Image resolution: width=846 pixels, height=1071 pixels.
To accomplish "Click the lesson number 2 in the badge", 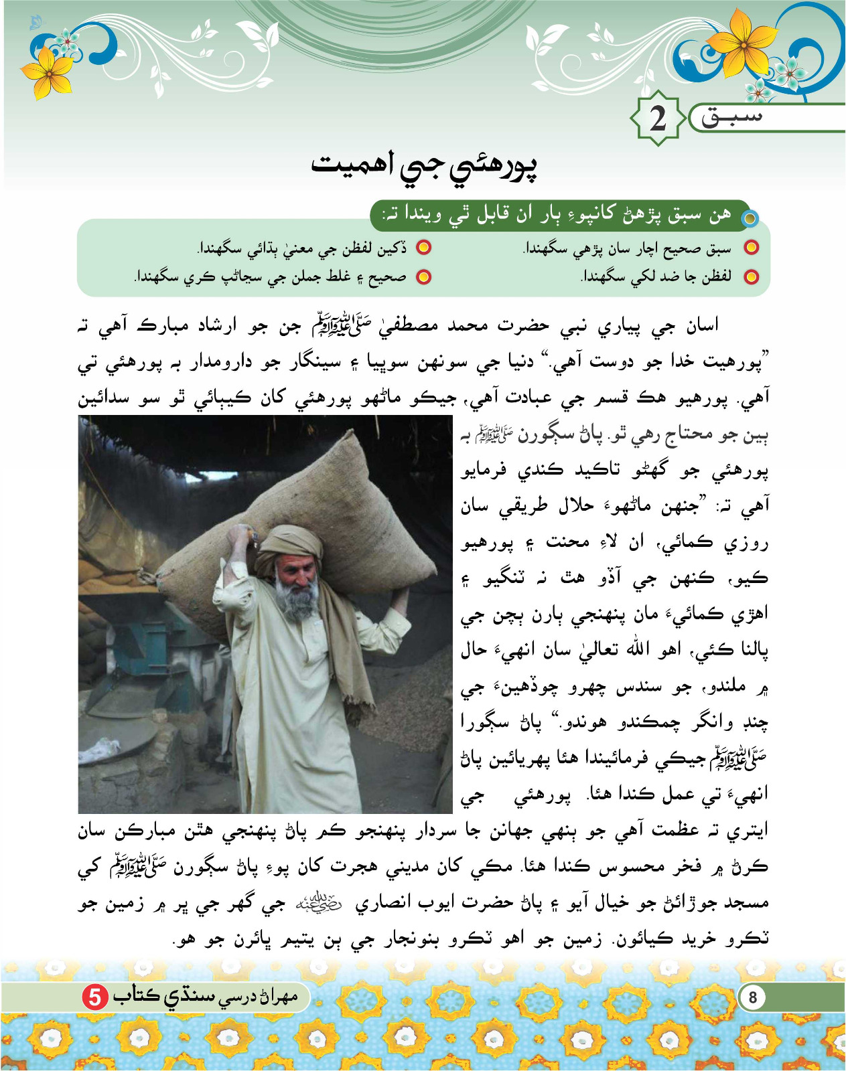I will click(x=658, y=118).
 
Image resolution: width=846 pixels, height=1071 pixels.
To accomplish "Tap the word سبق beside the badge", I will click(x=731, y=118).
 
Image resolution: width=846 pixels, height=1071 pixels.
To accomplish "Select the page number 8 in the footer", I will click(x=752, y=997).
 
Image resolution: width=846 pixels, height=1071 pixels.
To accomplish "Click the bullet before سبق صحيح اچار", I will click(x=752, y=248).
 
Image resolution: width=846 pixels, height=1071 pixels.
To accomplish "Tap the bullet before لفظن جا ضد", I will click(x=752, y=276).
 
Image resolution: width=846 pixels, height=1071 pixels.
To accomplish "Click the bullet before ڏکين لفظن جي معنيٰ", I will click(x=423, y=248).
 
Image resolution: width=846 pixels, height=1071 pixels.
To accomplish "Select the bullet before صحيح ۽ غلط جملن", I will click(x=423, y=276).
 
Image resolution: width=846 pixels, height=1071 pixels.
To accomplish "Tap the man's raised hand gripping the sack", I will click(x=239, y=535).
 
